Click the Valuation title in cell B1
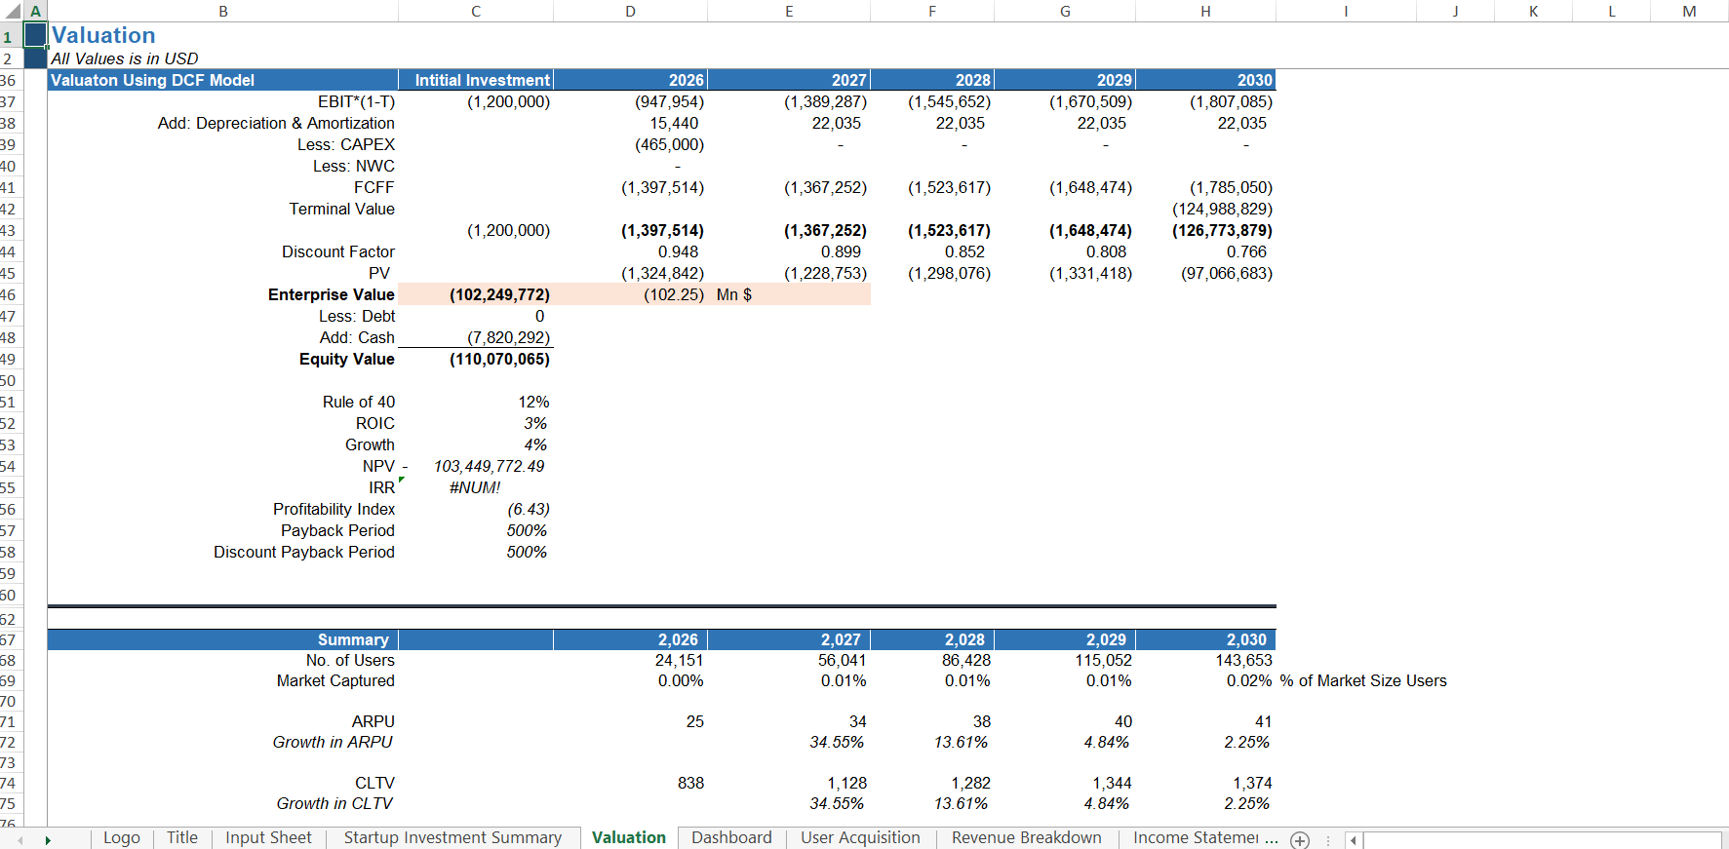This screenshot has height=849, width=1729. (103, 35)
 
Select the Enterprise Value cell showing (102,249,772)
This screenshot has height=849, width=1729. (499, 294)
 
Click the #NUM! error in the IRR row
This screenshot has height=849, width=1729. (475, 487)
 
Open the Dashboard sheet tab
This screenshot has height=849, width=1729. (731, 837)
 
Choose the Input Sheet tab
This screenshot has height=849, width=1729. (268, 837)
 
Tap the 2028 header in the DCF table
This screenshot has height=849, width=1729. (972, 80)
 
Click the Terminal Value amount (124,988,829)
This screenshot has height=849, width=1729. (1222, 209)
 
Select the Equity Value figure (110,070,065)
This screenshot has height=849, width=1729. (499, 359)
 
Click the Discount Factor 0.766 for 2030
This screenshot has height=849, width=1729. (1246, 251)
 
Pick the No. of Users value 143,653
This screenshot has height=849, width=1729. (1243, 660)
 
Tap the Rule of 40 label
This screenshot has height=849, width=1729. (359, 402)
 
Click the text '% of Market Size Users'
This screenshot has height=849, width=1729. (1363, 680)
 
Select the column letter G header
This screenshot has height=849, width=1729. (1065, 11)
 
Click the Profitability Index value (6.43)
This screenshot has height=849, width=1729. (528, 509)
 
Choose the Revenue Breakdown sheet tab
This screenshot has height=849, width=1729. (1026, 837)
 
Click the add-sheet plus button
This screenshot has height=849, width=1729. (1300, 840)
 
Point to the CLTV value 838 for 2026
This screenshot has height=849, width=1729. (690, 783)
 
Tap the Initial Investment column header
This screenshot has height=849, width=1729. (482, 80)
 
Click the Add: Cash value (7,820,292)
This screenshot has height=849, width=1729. (508, 337)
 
